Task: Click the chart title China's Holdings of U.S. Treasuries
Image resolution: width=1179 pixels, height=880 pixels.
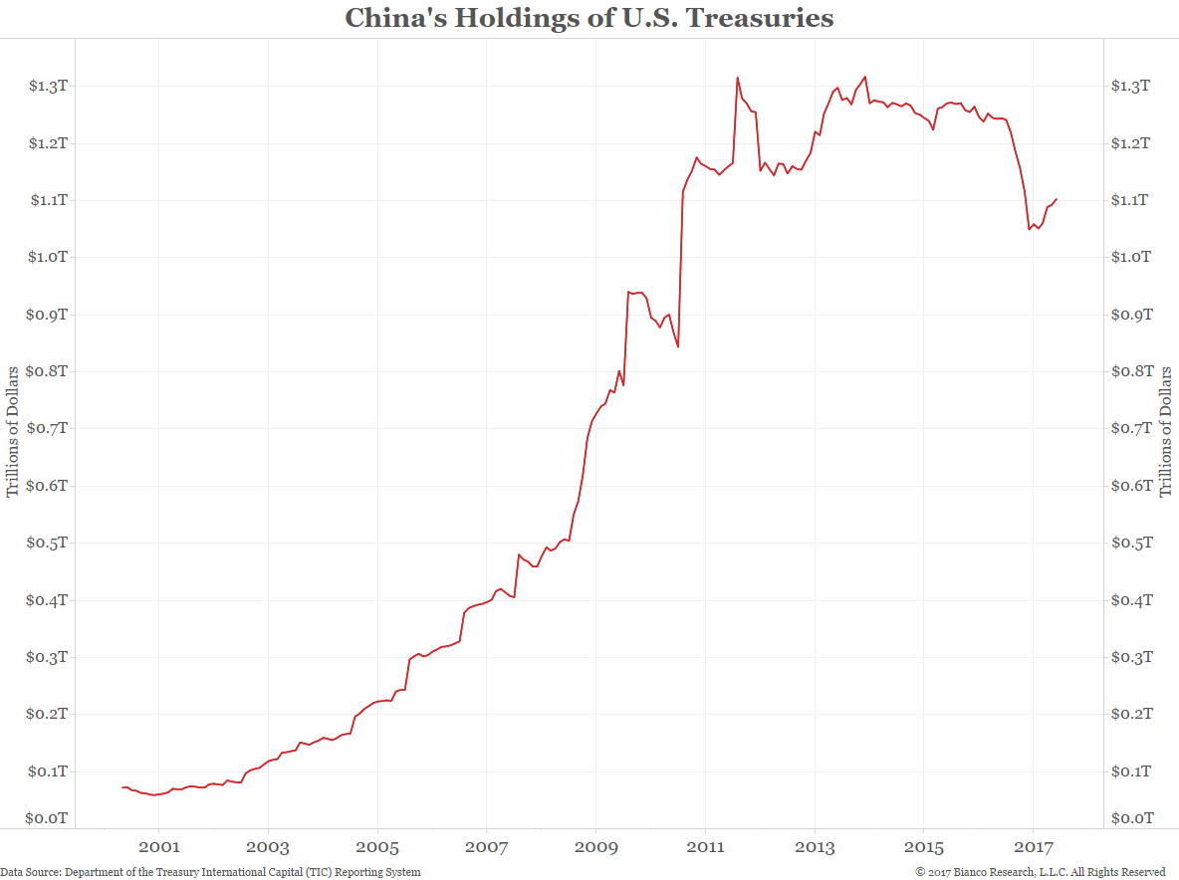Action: [589, 18]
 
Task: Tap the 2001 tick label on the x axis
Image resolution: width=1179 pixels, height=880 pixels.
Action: [158, 848]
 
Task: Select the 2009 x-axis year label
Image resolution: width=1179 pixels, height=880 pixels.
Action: [595, 848]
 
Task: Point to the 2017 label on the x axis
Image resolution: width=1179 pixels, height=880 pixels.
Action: [1033, 848]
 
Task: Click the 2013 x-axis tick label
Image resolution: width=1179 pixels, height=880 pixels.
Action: [815, 848]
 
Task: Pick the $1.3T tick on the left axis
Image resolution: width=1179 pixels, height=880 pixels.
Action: [48, 86]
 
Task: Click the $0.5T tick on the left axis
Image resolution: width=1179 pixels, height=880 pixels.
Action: [48, 544]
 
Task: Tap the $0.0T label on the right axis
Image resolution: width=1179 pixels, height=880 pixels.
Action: [1131, 818]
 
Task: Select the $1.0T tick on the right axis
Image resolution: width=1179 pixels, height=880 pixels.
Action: [1131, 257]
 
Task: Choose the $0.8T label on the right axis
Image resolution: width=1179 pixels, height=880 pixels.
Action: [1131, 371]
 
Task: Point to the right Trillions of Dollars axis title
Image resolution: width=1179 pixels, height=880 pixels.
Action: [1166, 430]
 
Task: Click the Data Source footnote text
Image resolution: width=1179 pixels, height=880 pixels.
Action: [210, 872]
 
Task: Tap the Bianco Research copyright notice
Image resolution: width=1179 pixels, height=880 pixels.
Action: [1041, 872]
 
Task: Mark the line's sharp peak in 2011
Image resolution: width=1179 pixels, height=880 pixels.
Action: [737, 78]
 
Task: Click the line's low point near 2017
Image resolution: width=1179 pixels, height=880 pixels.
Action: [1030, 229]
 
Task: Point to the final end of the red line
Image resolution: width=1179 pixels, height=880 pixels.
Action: [1057, 199]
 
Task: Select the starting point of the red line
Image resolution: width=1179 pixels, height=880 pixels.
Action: [122, 787]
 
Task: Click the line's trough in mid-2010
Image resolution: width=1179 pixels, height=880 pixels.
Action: [678, 346]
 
